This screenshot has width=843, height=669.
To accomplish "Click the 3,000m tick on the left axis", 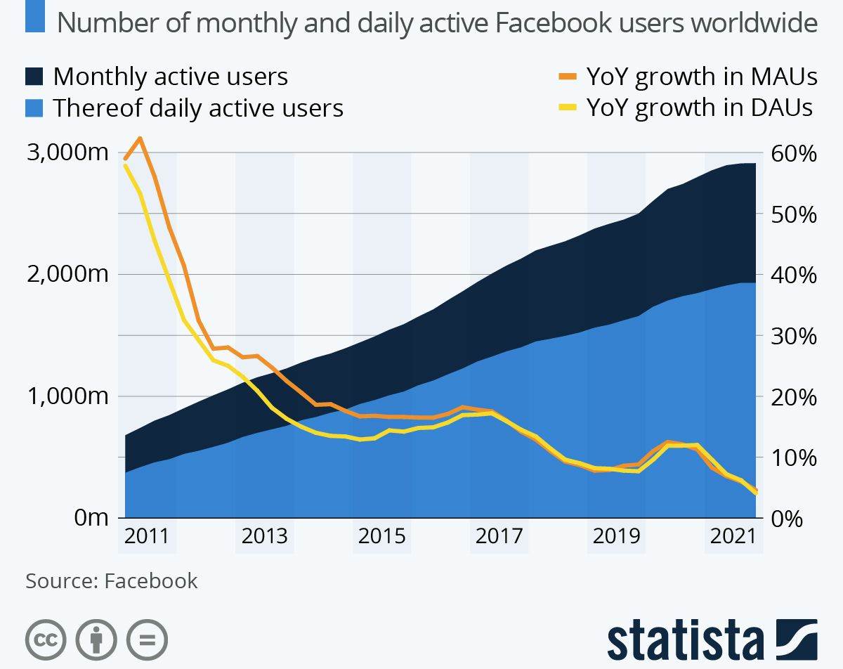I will coord(67,152).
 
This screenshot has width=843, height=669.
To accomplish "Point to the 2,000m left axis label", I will coord(67,274).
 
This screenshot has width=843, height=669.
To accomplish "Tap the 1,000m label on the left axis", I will coord(67,396).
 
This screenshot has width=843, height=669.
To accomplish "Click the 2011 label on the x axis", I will coord(146,537).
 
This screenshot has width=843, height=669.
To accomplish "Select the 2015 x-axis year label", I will coord(381,537).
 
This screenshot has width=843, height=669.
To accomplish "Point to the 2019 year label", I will coord(617,537).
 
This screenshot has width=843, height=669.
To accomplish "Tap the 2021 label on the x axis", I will coord(733,537).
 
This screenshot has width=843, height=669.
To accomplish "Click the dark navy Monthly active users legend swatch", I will coord(34,77).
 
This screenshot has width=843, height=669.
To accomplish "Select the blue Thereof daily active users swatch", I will coord(34,108).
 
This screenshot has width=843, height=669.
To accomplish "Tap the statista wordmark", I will coord(685,640).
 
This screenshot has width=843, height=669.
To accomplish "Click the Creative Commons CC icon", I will coord(46,640).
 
